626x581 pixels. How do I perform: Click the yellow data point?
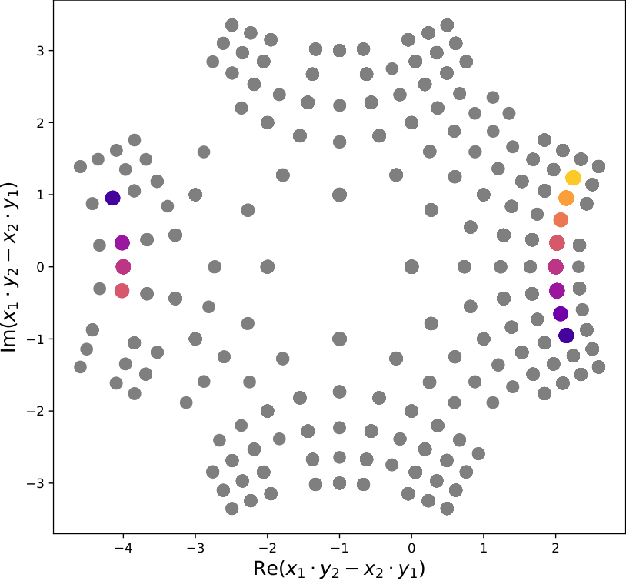click(573, 178)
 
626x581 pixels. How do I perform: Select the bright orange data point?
click(566, 198)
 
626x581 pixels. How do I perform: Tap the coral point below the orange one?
click(561, 220)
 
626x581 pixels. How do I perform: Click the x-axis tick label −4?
click(123, 548)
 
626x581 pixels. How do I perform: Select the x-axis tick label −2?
click(267, 548)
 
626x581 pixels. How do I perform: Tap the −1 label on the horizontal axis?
click(339, 548)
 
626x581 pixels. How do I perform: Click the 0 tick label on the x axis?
click(411, 548)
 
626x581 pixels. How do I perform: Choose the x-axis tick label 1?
click(484, 548)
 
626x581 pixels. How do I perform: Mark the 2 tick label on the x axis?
click(555, 548)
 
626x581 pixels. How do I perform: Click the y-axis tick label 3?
click(40, 51)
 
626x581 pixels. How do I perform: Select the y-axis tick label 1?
click(40, 195)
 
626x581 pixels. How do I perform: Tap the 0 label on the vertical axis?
click(40, 267)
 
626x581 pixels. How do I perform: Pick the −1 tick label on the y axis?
click(35, 339)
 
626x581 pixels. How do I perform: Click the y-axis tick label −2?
click(35, 411)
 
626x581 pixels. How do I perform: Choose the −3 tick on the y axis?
click(35, 483)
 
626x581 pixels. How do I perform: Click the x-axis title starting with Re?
click(339, 569)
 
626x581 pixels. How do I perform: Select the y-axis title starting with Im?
click(9, 267)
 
